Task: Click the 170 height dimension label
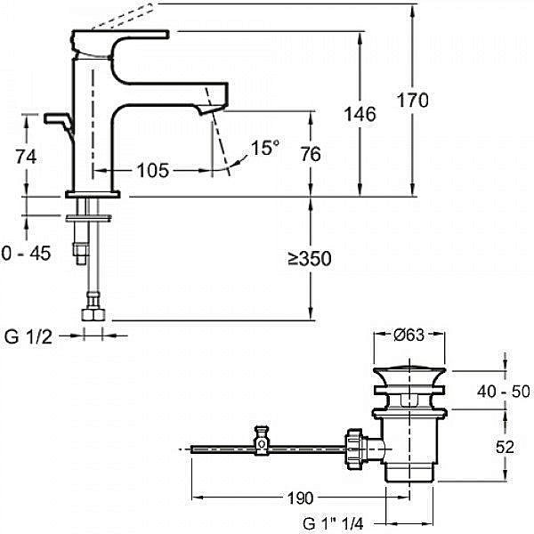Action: (412, 100)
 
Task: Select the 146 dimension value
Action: (360, 114)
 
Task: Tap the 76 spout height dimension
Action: (311, 154)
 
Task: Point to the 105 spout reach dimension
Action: (152, 170)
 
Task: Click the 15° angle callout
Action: (265, 148)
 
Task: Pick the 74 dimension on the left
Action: (26, 157)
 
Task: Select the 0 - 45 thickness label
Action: (26, 253)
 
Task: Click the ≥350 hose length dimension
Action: (310, 258)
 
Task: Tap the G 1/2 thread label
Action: (28, 336)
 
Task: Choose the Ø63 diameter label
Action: (409, 336)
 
